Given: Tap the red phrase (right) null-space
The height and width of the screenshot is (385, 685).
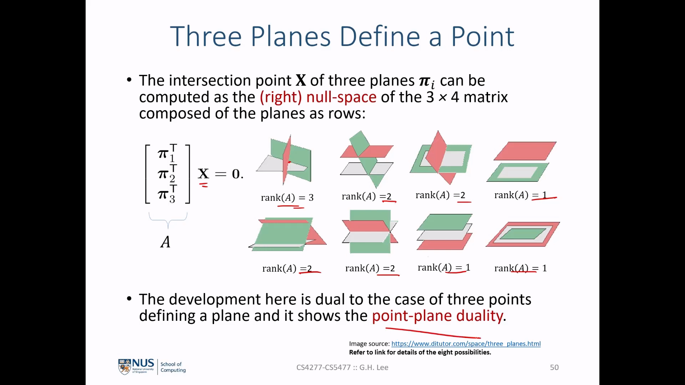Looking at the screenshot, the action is [318, 97].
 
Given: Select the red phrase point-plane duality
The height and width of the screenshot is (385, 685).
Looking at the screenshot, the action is [437, 316].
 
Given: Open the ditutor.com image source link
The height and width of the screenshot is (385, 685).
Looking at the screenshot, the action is [466, 344].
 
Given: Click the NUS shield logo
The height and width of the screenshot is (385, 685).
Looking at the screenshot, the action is [125, 367].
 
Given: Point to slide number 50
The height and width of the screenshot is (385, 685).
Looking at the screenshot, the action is [554, 368].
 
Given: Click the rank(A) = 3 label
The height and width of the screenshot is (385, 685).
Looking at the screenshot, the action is [287, 197].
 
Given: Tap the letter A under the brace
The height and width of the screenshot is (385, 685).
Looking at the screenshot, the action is [166, 242].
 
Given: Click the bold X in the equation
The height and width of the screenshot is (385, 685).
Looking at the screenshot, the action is [203, 174].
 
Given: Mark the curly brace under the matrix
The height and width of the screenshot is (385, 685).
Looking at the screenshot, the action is [168, 220].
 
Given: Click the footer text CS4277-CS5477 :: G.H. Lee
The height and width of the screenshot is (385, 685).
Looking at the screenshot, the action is [342, 368].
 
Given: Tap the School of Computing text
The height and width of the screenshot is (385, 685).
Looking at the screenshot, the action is [173, 367].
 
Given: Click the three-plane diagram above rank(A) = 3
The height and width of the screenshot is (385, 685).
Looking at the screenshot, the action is [284, 160].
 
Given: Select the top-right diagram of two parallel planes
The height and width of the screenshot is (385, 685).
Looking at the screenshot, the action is [522, 162].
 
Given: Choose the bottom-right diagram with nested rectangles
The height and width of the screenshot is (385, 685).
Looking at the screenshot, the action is [523, 234].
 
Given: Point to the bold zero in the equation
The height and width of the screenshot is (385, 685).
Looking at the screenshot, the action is [235, 174].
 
